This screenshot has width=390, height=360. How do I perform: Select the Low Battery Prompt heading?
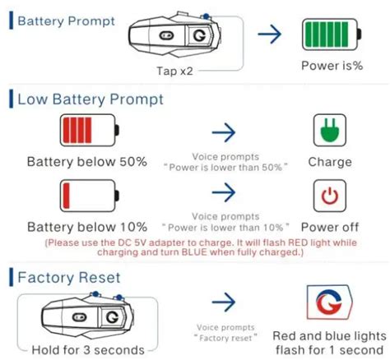pyautogui.click(x=90, y=99)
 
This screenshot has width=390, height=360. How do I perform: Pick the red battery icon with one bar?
pyautogui.click(x=87, y=196)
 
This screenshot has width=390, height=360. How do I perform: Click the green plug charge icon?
pyautogui.click(x=330, y=131)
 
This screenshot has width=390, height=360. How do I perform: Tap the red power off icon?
pyautogui.click(x=330, y=196)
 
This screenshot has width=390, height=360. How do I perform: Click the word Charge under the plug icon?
pyautogui.click(x=330, y=162)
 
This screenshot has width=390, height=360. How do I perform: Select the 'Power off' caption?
pyautogui.click(x=330, y=226)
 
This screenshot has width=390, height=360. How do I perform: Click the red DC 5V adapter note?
pyautogui.click(x=194, y=247)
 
